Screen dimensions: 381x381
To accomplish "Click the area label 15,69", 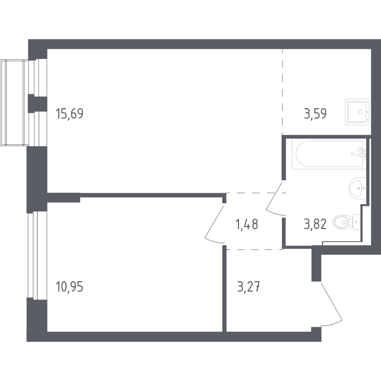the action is (x=70, y=114).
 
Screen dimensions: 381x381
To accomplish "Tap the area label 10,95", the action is (x=70, y=287).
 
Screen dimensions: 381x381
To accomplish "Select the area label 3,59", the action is (x=315, y=114).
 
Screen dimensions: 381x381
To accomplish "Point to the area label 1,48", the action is (x=247, y=224).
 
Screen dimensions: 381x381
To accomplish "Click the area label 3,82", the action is (x=315, y=224).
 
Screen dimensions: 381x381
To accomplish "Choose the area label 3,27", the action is (x=248, y=287).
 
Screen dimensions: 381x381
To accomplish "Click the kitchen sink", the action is (x=358, y=112).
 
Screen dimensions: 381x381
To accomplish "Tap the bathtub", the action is (x=329, y=154).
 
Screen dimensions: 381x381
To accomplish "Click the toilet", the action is (x=347, y=222).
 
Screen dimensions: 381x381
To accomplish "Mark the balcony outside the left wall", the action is (x=14, y=102).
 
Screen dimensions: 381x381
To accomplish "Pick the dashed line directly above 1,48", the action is (x=257, y=193).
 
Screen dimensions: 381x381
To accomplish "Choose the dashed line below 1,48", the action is (x=254, y=249).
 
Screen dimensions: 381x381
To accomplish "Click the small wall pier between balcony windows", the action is (x=37, y=103).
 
